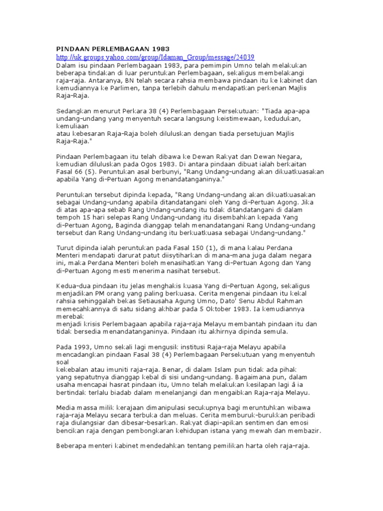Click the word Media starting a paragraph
point(66,407)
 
